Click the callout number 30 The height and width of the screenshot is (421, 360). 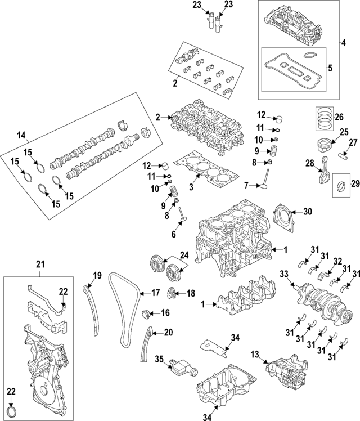click(x=307, y=212)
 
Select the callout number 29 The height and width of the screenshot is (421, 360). click(x=354, y=183)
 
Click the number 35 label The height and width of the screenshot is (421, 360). click(x=159, y=359)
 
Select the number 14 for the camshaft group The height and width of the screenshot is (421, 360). click(x=21, y=135)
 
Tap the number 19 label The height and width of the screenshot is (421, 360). click(x=97, y=275)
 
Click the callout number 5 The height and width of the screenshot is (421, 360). click(x=330, y=68)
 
